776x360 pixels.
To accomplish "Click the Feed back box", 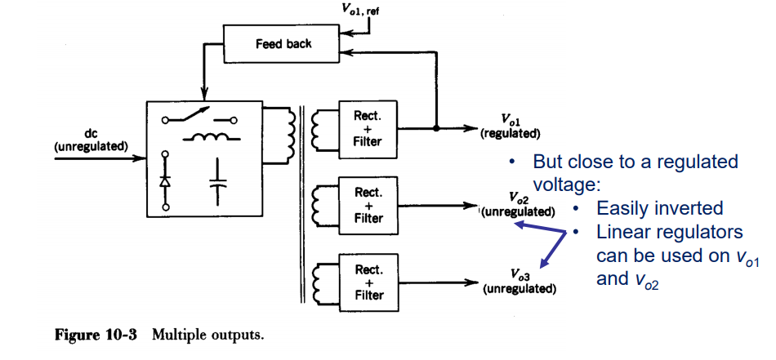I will coord(283,43).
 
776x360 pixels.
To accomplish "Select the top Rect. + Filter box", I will coord(368,129).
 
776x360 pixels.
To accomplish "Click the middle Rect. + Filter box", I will coord(368,206).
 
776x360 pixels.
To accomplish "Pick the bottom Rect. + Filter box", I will coord(368,282).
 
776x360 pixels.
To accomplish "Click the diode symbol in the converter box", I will coord(165,180).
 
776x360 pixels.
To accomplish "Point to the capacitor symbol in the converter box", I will coord(217,180).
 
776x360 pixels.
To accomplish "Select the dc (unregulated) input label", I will coord(91,140).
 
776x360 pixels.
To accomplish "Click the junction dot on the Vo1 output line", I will coord(436,129).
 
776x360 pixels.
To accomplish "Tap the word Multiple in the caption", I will coord(176,336).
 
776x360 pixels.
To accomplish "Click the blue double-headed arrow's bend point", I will coord(565,233).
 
